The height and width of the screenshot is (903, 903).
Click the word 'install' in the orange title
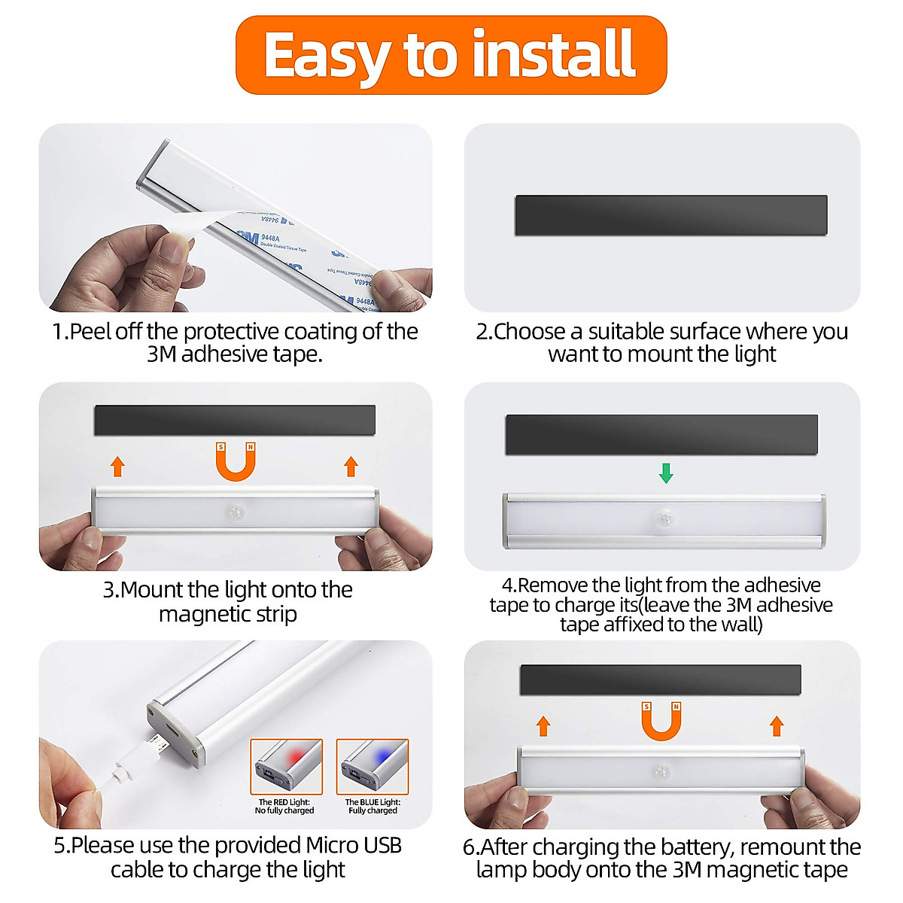coord(554,54)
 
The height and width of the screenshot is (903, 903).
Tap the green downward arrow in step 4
coord(666,473)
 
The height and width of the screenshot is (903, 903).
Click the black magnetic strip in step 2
coord(670,215)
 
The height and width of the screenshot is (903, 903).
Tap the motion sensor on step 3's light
coord(236,512)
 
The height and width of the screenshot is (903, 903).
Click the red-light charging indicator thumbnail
coord(286,766)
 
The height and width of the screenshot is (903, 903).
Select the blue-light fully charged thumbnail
coord(372,766)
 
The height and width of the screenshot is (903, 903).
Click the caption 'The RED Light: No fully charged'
coord(284,806)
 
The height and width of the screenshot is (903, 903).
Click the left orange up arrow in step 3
coord(117,466)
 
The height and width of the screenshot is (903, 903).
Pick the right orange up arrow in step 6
coord(777,726)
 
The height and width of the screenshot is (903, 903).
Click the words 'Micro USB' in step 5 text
coord(353,845)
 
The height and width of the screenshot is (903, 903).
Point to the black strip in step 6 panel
coord(660,680)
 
